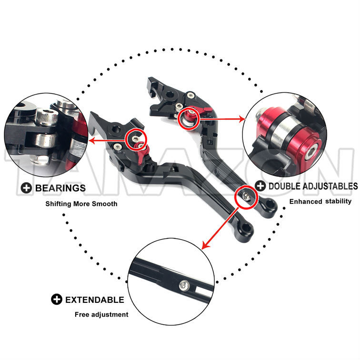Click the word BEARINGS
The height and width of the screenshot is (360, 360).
tap(60, 188)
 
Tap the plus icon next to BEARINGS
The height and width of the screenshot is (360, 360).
tap(26, 188)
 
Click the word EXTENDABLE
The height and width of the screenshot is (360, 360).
tap(95, 300)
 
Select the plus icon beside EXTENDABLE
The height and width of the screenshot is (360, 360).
tap(57, 300)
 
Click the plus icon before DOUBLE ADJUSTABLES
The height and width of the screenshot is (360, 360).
tap(260, 186)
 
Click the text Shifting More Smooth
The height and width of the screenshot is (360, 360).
tap(81, 204)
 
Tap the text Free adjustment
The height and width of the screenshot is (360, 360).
tap(101, 315)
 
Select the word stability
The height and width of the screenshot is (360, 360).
tap(338, 201)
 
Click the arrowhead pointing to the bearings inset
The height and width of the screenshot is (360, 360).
tap(91, 140)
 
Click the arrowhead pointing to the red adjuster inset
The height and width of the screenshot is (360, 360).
tap(242, 119)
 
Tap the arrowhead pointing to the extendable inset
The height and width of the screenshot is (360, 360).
tap(205, 245)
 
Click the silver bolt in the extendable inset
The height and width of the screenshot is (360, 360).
tap(184, 285)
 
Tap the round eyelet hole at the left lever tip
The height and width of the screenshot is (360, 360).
tap(246, 228)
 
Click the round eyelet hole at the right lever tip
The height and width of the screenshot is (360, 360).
tap(270, 204)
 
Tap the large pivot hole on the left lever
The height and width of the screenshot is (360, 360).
tap(116, 130)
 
